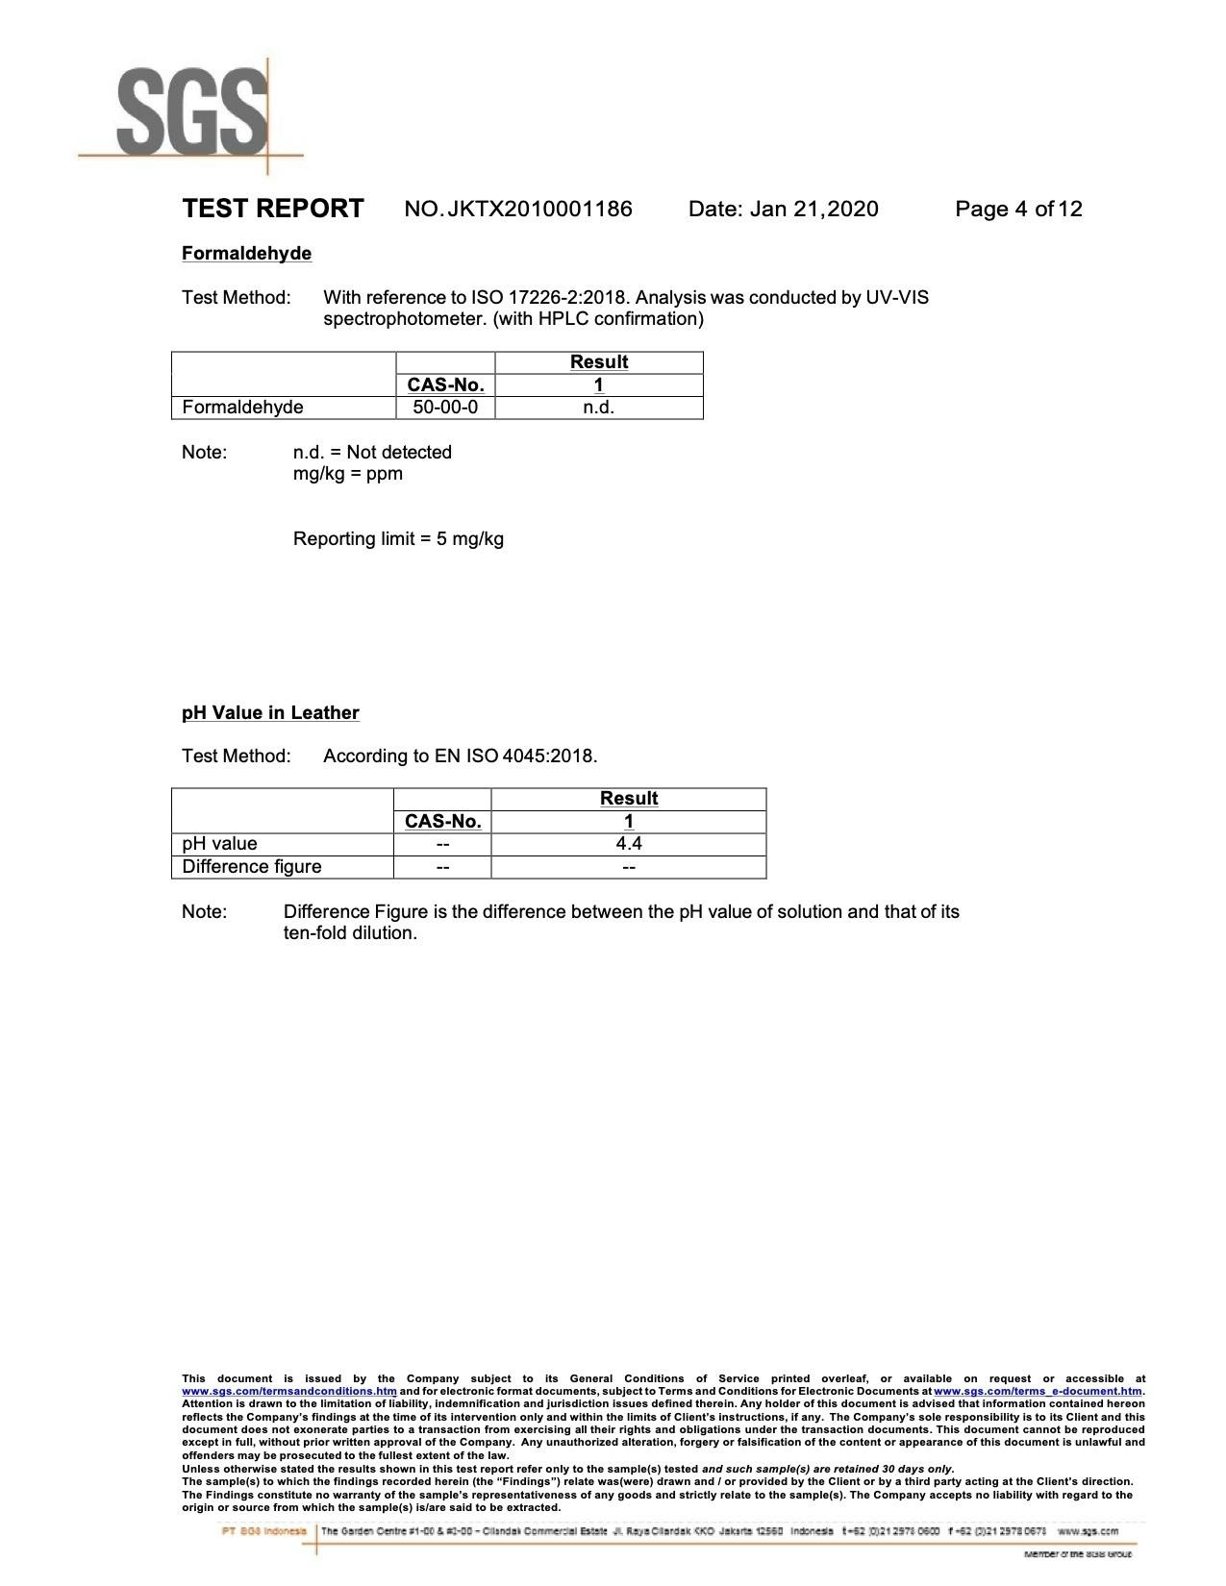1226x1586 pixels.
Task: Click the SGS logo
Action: (192, 113)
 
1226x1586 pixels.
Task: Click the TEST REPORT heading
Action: (273, 209)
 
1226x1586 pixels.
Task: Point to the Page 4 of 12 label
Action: (1018, 209)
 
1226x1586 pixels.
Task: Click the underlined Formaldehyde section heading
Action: (246, 253)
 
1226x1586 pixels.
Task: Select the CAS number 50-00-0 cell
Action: (445, 408)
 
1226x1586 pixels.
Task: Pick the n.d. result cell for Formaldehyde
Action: (598, 408)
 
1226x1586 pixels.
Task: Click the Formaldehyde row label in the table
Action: (242, 408)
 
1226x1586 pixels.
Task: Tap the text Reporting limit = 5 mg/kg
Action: (398, 538)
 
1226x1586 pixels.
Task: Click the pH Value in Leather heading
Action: (270, 712)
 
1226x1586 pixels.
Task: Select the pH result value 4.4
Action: (629, 844)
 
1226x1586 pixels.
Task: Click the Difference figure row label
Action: (252, 867)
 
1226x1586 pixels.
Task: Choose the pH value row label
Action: (219, 844)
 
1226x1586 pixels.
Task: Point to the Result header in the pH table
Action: (629, 798)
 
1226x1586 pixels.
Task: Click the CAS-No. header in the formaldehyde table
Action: (445, 384)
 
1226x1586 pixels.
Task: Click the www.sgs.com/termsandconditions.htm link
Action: (289, 1391)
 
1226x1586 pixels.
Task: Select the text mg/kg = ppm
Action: (348, 473)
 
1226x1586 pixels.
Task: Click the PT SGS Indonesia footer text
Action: (264, 1531)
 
